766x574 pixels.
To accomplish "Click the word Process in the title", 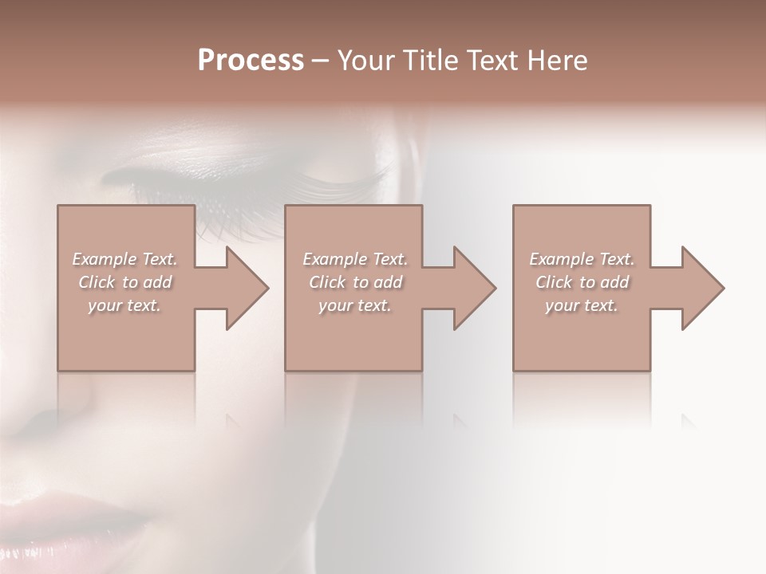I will pos(251,61).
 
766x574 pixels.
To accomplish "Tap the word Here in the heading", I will pos(559,61).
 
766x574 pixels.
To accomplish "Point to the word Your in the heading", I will pos(364,61).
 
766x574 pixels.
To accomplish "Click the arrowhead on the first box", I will pos(243,288).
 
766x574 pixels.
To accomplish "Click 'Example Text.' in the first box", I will pos(124,259).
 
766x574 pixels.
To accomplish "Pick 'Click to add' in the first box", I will pos(124,282).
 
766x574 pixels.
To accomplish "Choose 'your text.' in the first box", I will pos(124,305).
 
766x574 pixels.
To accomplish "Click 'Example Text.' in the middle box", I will pos(355,259).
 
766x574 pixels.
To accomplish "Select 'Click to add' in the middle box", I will pos(355,282).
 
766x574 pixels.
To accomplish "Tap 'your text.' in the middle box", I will pos(355,305).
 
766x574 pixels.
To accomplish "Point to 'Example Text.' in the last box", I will pos(582,259).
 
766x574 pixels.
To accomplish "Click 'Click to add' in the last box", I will pos(582,282).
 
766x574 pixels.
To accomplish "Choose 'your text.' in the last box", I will pos(582,305).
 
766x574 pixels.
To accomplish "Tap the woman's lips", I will pos(72,518).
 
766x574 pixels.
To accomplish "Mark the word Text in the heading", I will pos(491,61).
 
